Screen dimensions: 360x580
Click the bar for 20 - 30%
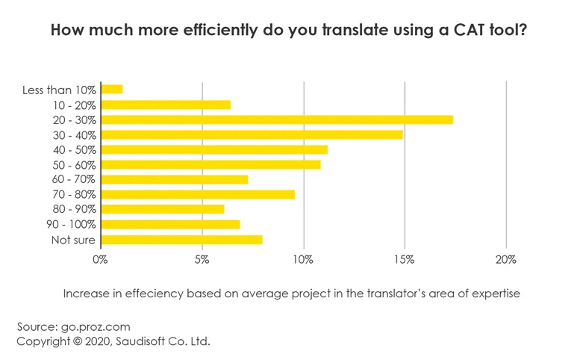[x=276, y=120]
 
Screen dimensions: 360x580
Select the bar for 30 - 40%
[x=252, y=134]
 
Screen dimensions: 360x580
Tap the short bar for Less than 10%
[x=111, y=90]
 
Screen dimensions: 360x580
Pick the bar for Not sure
[x=181, y=240]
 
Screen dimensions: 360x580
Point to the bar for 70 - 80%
[x=198, y=194]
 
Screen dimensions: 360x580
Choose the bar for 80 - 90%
[x=162, y=209]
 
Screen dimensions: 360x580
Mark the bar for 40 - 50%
[x=213, y=149]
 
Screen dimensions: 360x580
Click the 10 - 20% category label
[x=74, y=105]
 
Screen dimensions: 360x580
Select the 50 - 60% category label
[x=74, y=165]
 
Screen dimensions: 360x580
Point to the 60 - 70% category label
[x=74, y=180]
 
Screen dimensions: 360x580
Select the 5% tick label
[x=202, y=260]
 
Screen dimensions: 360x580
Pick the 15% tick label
[x=405, y=260]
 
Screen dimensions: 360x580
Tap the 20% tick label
[x=506, y=260]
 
